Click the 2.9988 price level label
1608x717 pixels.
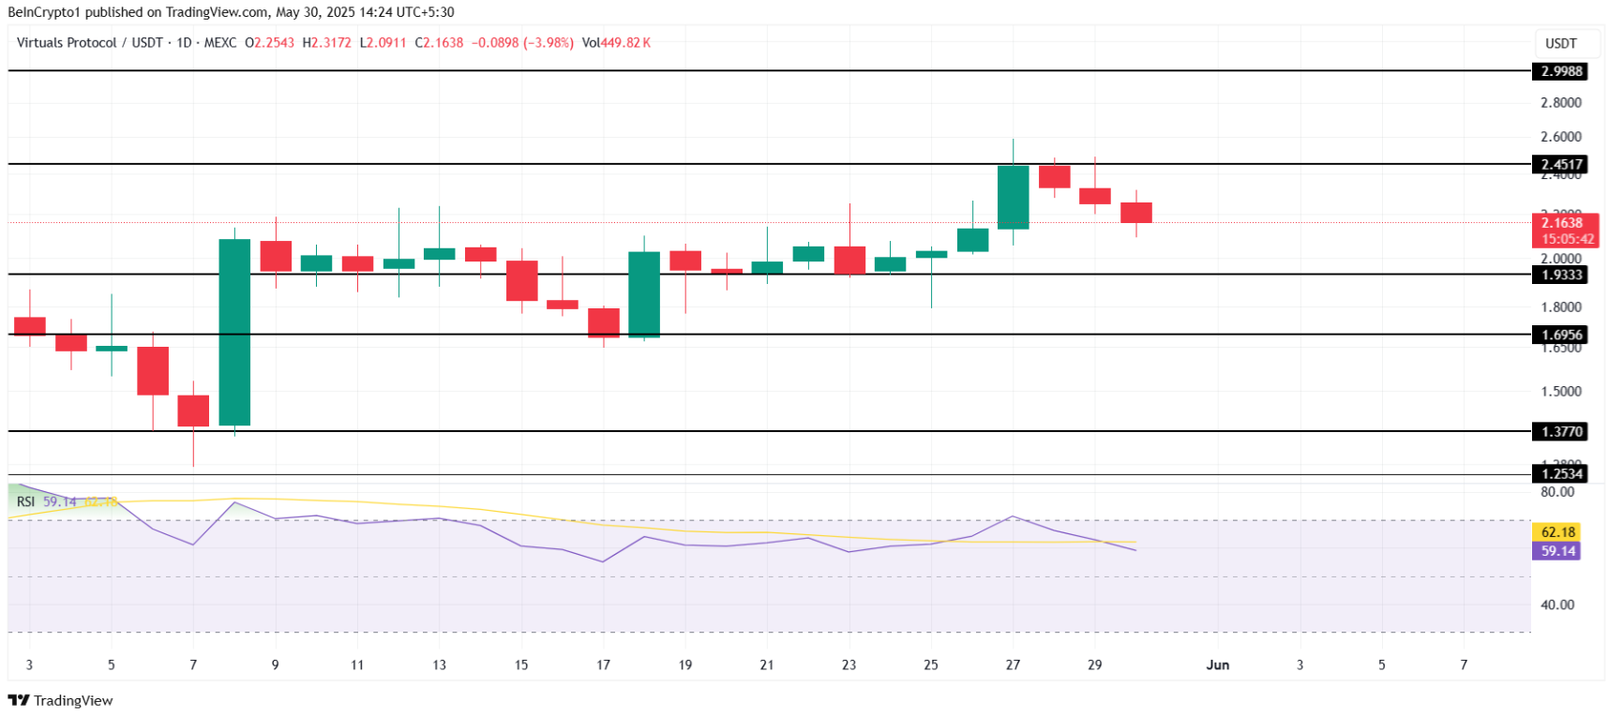(1561, 71)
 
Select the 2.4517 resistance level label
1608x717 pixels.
(1561, 164)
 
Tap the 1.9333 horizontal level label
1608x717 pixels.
(1561, 275)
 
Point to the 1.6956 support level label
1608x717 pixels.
(1561, 335)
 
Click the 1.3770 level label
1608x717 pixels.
(1561, 432)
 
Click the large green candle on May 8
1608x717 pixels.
(234, 332)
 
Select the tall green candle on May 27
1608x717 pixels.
(1013, 197)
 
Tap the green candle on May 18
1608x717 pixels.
(644, 293)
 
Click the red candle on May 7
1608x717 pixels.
(193, 411)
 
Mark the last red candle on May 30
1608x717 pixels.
(1136, 213)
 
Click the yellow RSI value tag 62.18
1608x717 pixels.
(1557, 532)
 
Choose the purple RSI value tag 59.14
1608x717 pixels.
(1557, 551)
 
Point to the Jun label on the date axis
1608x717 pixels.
(1217, 665)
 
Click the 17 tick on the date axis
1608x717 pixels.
(603, 665)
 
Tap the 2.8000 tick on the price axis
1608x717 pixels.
(1560, 103)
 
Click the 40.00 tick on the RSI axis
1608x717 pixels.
(1556, 605)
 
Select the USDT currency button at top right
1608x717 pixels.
(1561, 43)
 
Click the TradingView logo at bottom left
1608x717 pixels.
(61, 700)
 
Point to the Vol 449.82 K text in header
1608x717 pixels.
(616, 43)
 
